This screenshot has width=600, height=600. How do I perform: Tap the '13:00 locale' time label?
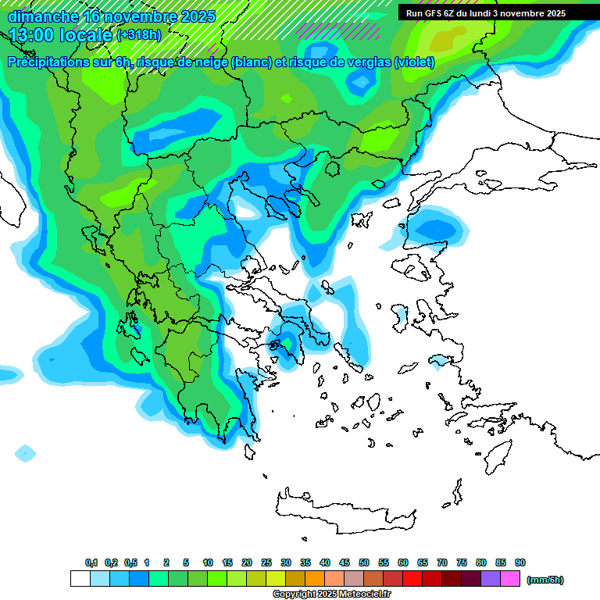point(61,35)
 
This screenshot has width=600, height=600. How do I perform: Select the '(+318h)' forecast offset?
point(139,35)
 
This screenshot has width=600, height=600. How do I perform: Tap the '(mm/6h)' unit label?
point(545,580)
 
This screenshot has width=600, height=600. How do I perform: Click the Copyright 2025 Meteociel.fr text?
point(331,595)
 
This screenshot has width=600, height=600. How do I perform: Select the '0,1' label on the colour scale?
point(91,563)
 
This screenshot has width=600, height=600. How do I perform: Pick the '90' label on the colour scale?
point(520,563)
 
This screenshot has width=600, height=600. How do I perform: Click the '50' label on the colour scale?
point(364,563)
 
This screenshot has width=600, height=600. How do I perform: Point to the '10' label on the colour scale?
point(208,563)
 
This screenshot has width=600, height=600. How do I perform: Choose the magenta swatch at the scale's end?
point(510,579)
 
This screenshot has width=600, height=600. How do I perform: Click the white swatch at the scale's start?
point(80,579)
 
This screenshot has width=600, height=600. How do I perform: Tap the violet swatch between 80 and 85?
point(491,579)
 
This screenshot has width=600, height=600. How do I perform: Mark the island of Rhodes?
point(497,453)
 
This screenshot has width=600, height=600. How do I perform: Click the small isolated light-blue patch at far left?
point(25,452)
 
